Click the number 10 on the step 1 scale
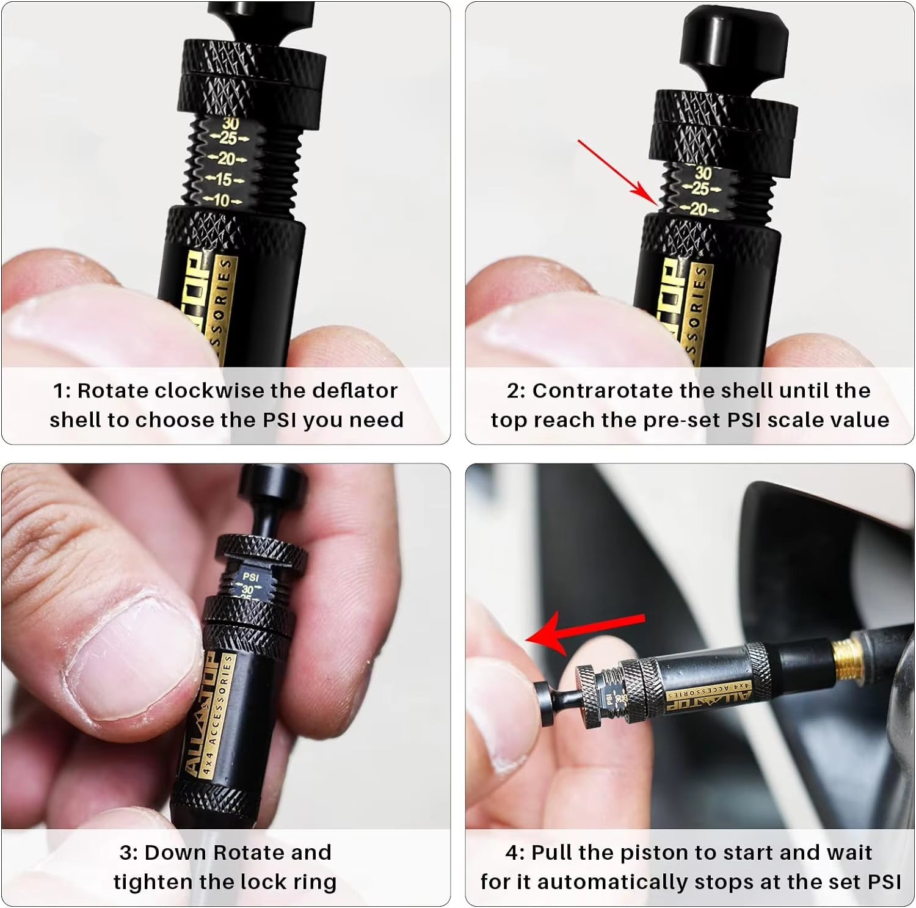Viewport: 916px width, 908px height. (221, 200)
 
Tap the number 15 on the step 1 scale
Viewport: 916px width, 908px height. (224, 180)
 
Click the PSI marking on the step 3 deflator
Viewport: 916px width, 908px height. (250, 576)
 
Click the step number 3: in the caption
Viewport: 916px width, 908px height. (128, 853)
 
